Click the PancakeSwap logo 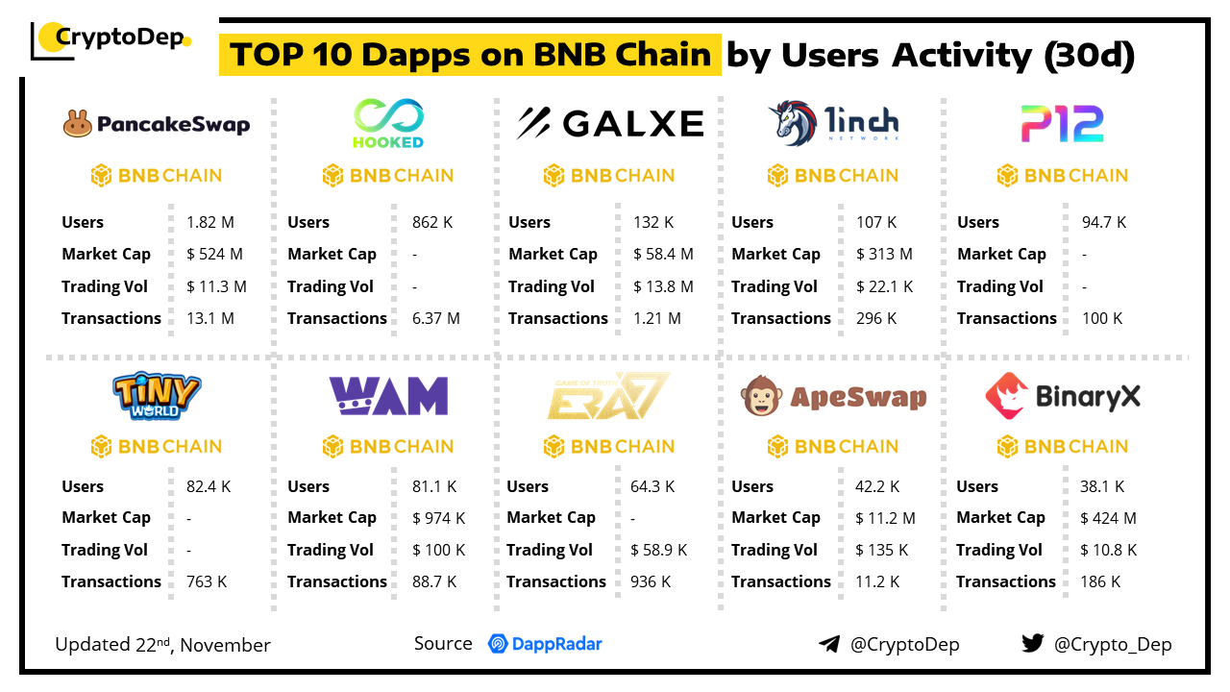(x=157, y=124)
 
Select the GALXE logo (x=610, y=124)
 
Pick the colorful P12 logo (x=1061, y=124)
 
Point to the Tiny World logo (x=157, y=397)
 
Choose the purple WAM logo (x=388, y=395)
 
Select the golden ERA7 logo (x=609, y=396)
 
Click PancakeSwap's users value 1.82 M (x=210, y=222)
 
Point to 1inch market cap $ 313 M (x=885, y=254)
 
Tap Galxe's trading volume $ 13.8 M (x=663, y=286)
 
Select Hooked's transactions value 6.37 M (x=436, y=318)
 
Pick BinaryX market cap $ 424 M (x=1108, y=518)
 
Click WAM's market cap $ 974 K (x=438, y=518)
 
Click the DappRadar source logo (x=545, y=644)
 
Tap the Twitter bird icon (x=1032, y=643)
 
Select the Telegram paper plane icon (x=828, y=644)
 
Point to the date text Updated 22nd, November (x=162, y=644)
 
